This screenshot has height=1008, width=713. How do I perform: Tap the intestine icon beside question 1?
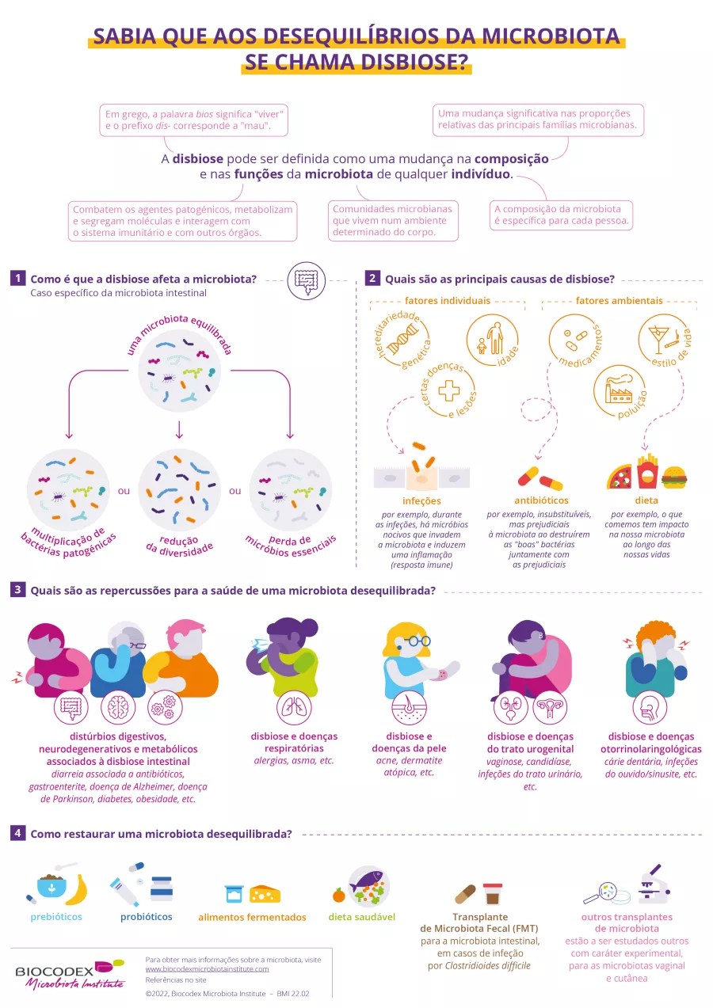click(306, 280)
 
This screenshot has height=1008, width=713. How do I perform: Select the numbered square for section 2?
click(372, 279)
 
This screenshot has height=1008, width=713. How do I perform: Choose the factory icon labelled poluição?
click(616, 388)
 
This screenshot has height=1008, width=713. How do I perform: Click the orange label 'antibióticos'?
click(541, 500)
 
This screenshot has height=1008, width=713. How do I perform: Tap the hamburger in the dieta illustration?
click(674, 477)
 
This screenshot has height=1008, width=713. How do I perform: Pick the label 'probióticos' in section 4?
click(146, 917)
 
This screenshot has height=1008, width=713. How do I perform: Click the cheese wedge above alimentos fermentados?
click(265, 894)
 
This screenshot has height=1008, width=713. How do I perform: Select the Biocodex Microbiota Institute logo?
click(70, 973)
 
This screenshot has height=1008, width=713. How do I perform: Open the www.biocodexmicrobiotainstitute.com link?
click(207, 968)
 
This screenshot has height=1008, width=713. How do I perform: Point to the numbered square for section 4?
click(17, 833)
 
